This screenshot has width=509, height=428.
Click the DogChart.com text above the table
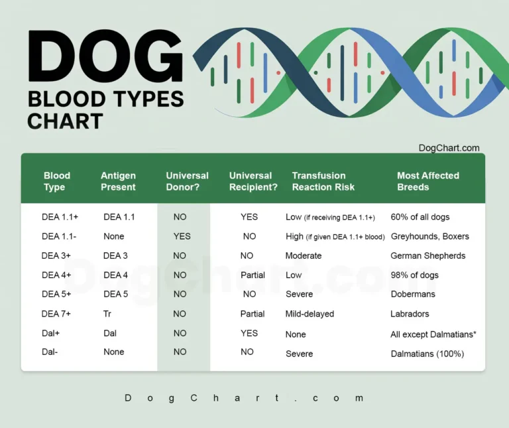tap(449, 148)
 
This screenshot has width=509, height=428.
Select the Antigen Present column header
tap(118, 181)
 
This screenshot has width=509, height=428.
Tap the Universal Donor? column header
tap(187, 181)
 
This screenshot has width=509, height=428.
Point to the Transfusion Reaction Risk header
tap(323, 181)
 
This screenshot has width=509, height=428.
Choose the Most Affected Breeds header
tap(427, 181)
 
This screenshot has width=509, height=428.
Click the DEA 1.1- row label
tap(59, 236)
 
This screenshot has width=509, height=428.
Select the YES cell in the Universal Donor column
tap(182, 236)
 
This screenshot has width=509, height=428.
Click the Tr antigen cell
tap(107, 314)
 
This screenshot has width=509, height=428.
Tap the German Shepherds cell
tap(427, 255)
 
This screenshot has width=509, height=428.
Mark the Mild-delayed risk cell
tap(310, 314)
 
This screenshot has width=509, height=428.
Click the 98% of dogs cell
tap(414, 275)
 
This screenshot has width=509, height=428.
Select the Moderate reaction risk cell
tap(304, 255)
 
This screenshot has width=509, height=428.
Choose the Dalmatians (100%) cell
tap(427, 354)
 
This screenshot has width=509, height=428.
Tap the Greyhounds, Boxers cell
tap(429, 236)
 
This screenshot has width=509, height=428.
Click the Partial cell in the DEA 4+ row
tap(253, 275)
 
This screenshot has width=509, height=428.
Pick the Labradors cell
tap(410, 314)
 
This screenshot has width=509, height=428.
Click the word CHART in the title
tap(65, 121)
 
